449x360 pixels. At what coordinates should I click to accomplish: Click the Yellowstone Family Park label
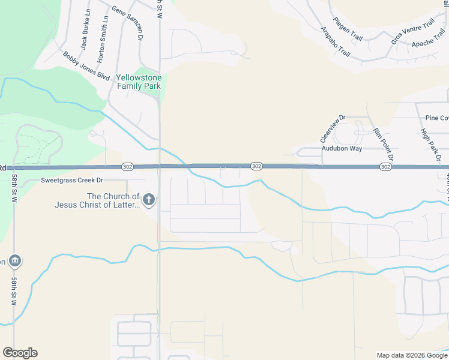(x=139, y=82)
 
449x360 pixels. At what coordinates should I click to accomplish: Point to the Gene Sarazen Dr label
(x=128, y=23)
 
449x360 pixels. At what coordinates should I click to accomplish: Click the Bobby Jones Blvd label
(x=86, y=66)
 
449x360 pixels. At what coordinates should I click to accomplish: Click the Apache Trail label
(x=427, y=44)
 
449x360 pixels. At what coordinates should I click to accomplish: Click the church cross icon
(x=149, y=199)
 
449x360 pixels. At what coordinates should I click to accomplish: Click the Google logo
(x=20, y=353)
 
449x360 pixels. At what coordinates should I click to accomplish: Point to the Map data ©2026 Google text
(x=412, y=355)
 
